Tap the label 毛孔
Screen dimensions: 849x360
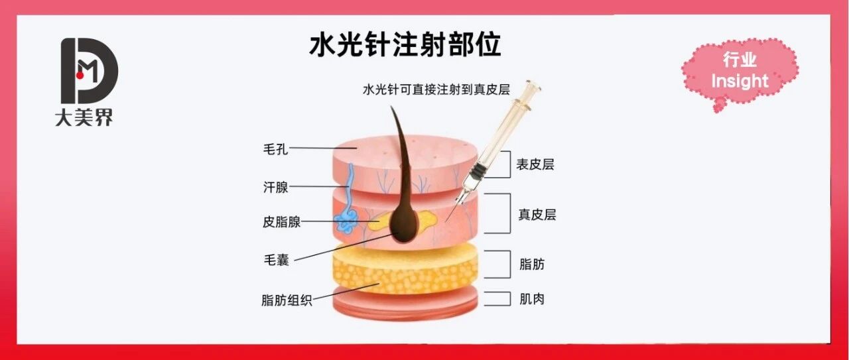click(x=275, y=149)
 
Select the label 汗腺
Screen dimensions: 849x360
click(x=275, y=187)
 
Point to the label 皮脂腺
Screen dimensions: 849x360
click(x=281, y=222)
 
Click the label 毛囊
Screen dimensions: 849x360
click(x=275, y=260)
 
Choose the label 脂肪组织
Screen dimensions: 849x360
click(x=287, y=300)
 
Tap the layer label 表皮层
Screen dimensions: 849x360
click(x=535, y=164)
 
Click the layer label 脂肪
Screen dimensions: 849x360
click(x=532, y=264)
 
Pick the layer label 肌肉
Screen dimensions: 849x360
click(x=532, y=298)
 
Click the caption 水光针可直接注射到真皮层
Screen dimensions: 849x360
click(x=446, y=90)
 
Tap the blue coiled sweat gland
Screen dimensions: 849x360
click(x=346, y=216)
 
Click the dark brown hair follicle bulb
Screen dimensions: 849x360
click(x=402, y=225)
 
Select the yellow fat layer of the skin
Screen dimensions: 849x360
click(x=405, y=269)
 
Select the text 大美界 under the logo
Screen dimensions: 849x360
click(x=84, y=118)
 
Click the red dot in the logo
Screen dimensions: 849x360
click(x=80, y=76)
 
